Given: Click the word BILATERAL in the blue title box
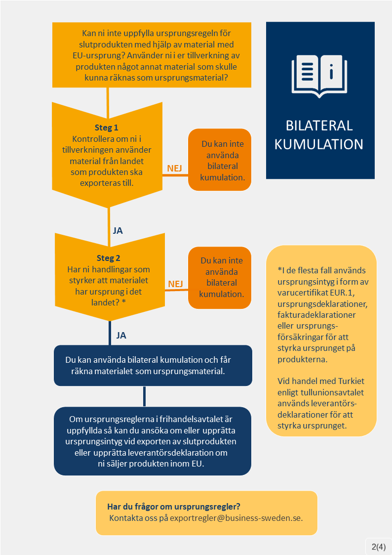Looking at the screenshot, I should [x=319, y=126].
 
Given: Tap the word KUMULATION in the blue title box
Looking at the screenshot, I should [x=319, y=144].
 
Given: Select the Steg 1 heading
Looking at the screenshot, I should [x=106, y=128].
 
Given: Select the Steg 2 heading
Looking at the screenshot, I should [x=108, y=258].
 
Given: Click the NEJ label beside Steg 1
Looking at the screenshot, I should [x=174, y=169].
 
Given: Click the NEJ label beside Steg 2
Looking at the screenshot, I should [x=175, y=284].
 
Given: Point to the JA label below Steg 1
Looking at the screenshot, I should [x=118, y=230].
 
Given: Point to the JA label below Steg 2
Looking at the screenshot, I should [x=121, y=335].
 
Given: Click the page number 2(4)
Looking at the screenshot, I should [x=378, y=546].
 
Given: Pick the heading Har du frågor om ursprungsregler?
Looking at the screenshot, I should [x=173, y=507].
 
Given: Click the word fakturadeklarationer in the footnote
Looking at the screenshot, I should [x=317, y=315].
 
